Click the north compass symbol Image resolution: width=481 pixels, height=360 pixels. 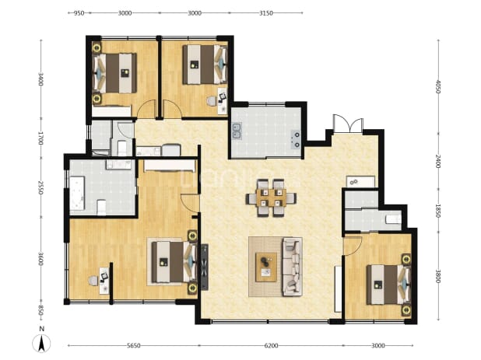42,340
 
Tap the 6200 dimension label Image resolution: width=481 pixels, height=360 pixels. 271,345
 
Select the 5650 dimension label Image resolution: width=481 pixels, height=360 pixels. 133,345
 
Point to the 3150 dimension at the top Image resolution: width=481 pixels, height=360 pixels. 266,13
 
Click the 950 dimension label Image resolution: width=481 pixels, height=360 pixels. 79,13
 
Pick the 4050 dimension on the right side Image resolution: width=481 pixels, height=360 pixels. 438,87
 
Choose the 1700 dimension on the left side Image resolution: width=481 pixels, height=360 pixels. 40,138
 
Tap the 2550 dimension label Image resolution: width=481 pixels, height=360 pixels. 40,187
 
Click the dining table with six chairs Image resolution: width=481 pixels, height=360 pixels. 271,197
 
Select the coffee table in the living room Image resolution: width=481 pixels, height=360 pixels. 266,267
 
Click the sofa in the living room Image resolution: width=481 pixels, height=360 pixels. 292,267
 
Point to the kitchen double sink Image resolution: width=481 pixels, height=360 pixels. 237,131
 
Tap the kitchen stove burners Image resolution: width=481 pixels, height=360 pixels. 297,139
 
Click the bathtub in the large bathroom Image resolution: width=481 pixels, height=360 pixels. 77,193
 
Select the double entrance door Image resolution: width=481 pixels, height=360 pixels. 348,123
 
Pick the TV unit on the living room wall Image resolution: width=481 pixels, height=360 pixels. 204,267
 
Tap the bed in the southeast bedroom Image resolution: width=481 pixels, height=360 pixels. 388,285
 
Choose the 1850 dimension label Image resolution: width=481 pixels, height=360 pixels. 438,211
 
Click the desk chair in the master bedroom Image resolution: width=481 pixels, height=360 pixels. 93,281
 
